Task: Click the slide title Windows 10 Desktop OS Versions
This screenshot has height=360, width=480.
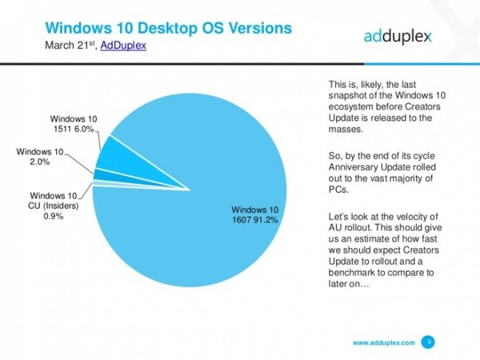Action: click(x=168, y=28)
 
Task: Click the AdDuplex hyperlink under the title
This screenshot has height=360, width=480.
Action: click(x=123, y=46)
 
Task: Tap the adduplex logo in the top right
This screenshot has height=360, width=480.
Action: click(x=398, y=36)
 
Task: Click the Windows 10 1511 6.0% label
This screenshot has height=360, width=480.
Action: click(x=74, y=124)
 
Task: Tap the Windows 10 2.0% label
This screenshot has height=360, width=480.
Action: click(x=40, y=157)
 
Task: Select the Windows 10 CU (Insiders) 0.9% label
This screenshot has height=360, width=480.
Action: click(x=54, y=206)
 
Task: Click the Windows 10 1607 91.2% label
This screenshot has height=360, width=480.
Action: click(x=255, y=214)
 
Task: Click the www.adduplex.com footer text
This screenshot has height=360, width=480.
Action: click(x=384, y=342)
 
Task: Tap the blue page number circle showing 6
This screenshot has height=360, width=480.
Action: click(x=428, y=342)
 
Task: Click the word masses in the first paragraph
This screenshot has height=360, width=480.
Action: click(x=346, y=129)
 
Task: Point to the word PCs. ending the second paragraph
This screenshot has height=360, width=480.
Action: click(x=338, y=190)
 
